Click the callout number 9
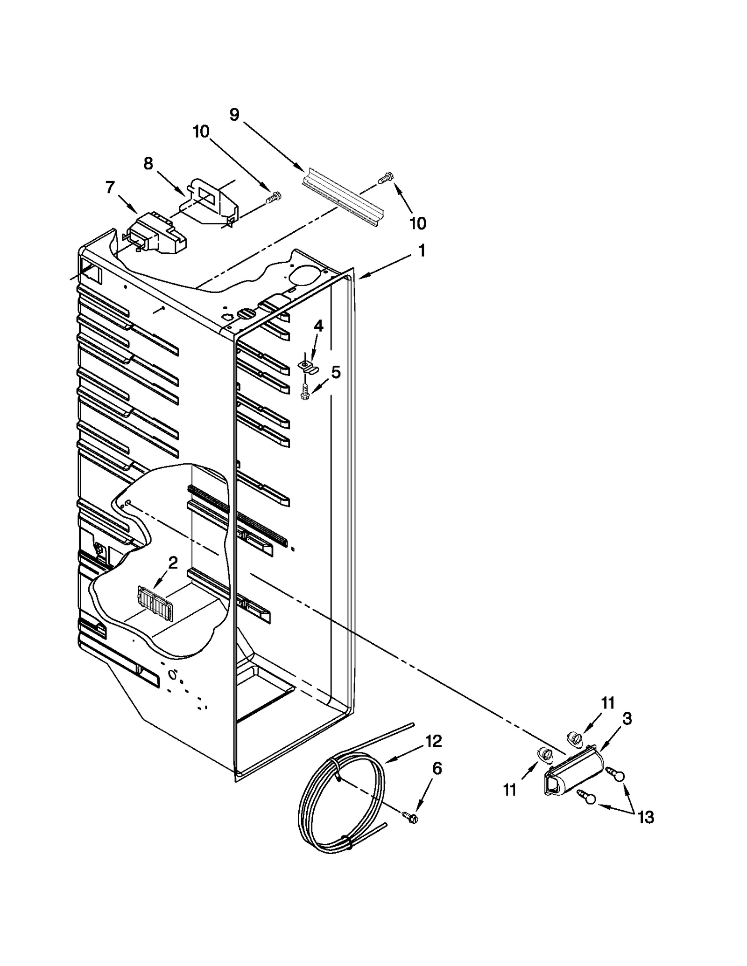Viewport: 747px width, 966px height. coord(234,114)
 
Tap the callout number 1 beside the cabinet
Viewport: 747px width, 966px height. coord(422,251)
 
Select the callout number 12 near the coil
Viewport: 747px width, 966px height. coord(433,741)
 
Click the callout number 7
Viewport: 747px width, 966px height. coord(110,188)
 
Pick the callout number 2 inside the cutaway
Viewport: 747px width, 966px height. coord(173,563)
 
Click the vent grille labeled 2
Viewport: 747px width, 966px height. coord(155,604)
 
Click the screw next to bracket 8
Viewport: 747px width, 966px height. coord(273,198)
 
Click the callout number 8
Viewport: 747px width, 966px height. coord(148,164)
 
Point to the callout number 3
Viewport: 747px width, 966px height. coord(627,719)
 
